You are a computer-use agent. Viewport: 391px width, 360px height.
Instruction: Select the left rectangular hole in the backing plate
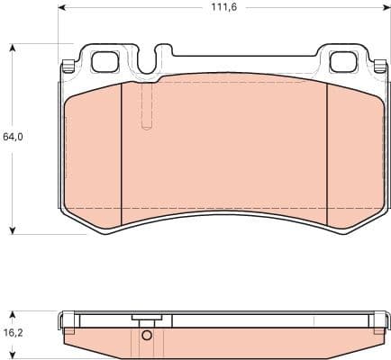click(x=106, y=62)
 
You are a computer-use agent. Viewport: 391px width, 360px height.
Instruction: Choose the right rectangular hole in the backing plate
click(x=343, y=62)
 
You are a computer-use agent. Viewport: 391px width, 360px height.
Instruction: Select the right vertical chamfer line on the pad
click(x=327, y=148)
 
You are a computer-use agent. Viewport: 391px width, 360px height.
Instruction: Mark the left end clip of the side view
click(x=65, y=322)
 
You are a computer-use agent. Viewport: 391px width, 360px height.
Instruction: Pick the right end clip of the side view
click(x=382, y=322)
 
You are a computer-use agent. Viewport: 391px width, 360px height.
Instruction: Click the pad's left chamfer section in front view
click(x=94, y=153)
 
